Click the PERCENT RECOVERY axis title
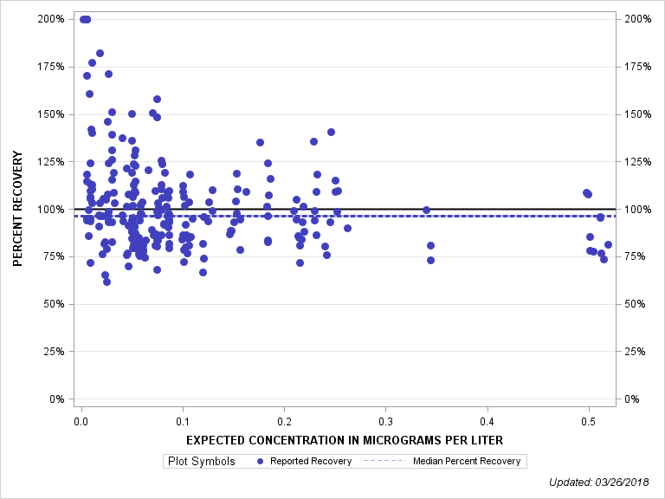16,209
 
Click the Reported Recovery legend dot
260,462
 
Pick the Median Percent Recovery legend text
468,462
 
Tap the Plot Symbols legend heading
200,462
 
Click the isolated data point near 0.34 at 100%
426,210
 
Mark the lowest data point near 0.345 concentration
430,260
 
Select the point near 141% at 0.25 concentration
331,133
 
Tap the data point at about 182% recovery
100,54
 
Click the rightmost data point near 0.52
608,244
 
